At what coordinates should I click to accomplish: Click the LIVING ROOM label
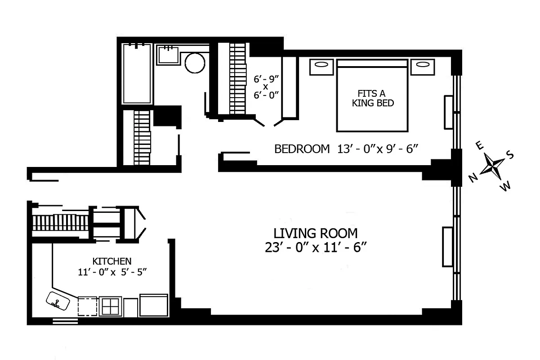click(316, 233)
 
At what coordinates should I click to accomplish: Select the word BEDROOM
click(302, 149)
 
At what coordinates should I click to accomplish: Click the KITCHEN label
click(112, 261)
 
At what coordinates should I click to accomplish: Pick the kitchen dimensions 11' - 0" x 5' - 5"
click(112, 272)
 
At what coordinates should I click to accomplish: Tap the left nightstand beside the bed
click(321, 66)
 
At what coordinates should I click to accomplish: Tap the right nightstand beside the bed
click(422, 66)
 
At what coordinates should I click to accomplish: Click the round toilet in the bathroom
click(195, 63)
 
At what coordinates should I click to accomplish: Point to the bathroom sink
click(168, 55)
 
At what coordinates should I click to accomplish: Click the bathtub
click(137, 73)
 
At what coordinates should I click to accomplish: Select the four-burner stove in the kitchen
click(110, 306)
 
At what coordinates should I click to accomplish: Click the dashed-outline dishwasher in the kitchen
click(87, 306)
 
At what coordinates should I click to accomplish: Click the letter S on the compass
click(510, 155)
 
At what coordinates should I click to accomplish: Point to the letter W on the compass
click(506, 186)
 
